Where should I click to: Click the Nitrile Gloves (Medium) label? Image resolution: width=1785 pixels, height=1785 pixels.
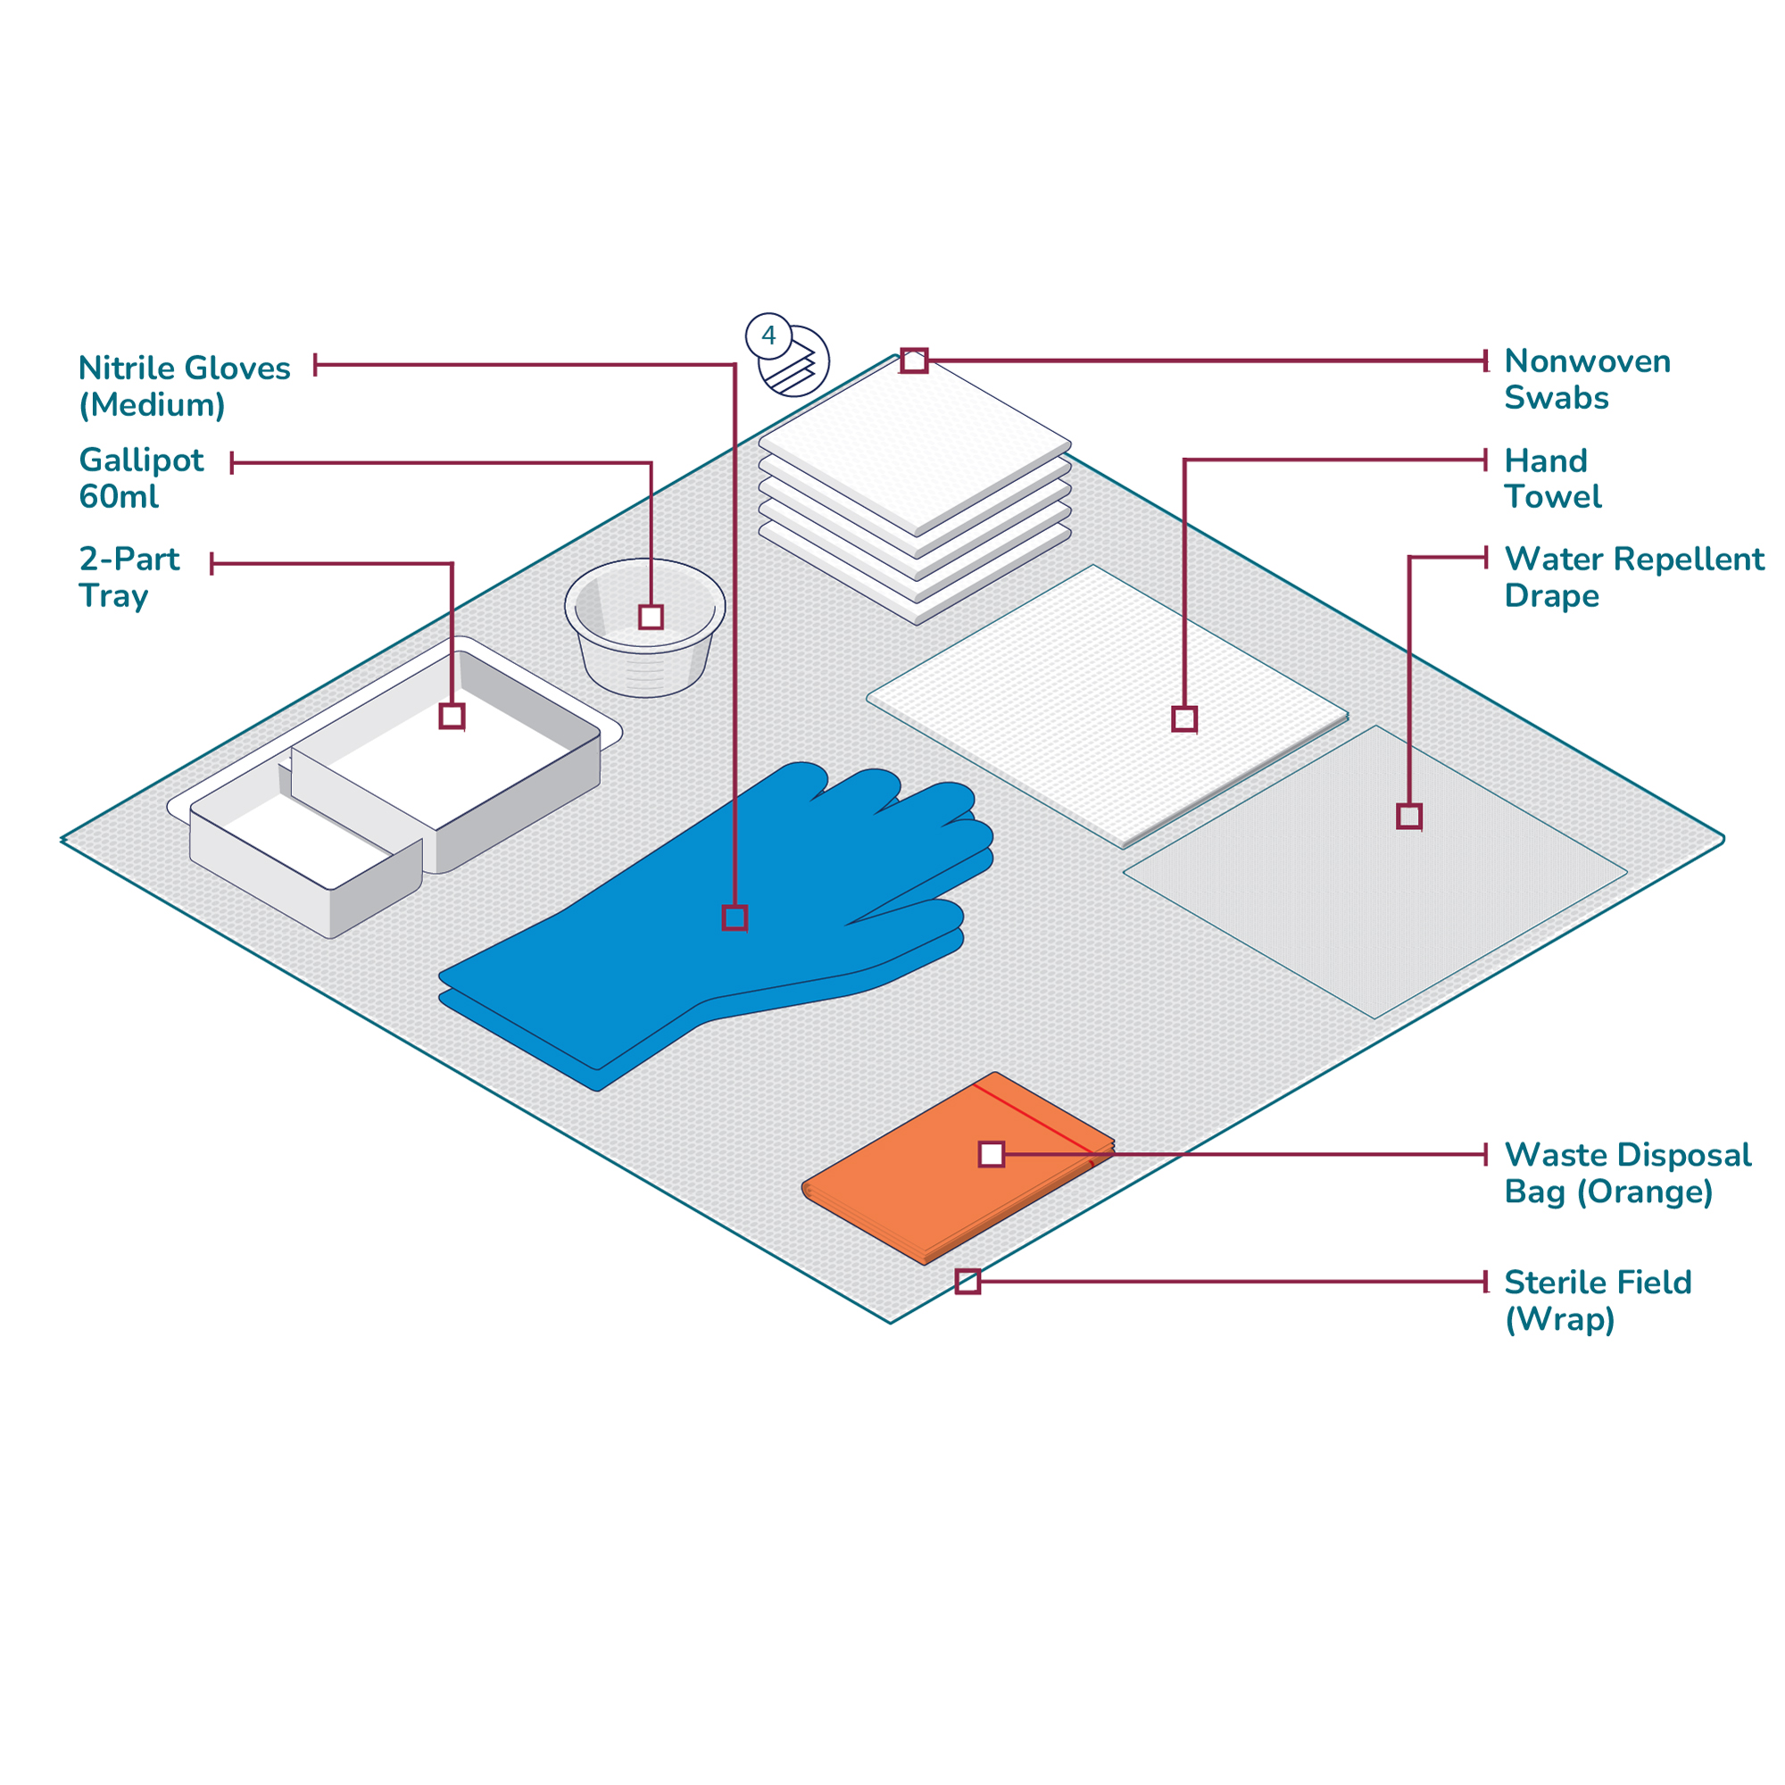coord(184,386)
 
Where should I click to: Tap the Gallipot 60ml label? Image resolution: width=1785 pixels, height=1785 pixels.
coord(141,477)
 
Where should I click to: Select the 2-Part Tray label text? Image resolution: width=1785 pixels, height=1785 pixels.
coord(129,577)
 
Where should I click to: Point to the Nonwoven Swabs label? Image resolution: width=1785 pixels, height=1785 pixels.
coord(1587,378)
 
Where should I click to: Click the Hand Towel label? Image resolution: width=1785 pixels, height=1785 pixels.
coord(1552,477)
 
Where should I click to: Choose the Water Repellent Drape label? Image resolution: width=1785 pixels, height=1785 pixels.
coord(1633,577)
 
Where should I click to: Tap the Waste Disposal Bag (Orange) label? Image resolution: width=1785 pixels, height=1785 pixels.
coord(1627,1174)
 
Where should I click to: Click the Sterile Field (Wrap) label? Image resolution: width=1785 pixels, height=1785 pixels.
coord(1598,1301)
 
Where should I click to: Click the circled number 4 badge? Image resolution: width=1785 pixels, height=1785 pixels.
coord(768,336)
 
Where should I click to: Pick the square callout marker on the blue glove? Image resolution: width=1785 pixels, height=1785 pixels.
coord(735,917)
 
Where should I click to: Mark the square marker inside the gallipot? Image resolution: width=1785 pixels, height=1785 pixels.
coord(652,618)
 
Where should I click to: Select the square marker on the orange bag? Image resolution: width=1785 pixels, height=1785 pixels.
coord(992,1154)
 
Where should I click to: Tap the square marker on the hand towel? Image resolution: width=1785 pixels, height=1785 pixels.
coord(1184,718)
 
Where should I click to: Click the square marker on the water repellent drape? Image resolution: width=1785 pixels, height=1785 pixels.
coord(1409,816)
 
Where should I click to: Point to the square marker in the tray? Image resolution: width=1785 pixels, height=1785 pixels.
coord(452,716)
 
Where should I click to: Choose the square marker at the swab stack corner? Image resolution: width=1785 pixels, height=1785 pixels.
coord(914,361)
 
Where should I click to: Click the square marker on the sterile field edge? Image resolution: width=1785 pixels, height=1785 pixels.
coord(967,1282)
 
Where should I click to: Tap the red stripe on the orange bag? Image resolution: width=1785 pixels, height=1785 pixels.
coord(1034,1119)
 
